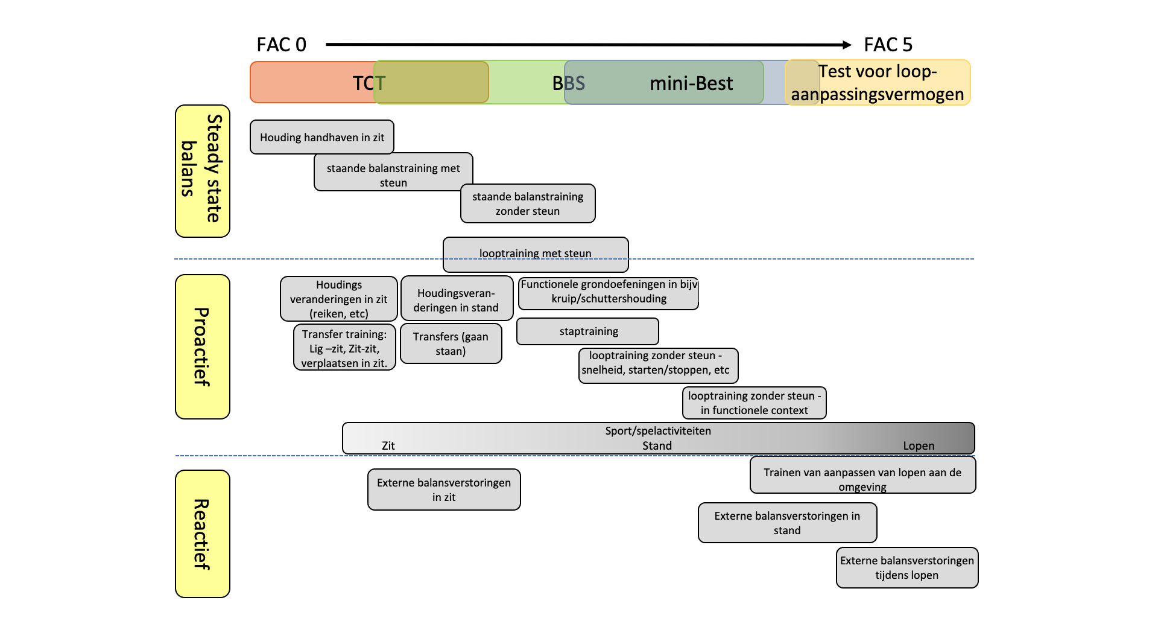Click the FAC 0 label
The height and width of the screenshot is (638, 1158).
click(x=282, y=45)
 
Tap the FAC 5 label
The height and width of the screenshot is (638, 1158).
click(x=888, y=45)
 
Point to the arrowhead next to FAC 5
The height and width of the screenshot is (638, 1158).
click(x=847, y=45)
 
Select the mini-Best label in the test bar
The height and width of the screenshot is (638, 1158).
click(x=691, y=83)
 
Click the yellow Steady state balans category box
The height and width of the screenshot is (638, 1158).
click(x=203, y=171)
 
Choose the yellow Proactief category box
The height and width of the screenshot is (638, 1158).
click(x=203, y=346)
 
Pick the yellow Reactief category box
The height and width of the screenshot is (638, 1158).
click(x=203, y=534)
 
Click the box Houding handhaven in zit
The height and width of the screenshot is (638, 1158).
click(x=322, y=137)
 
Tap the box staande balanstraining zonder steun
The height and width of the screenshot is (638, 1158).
click(x=528, y=203)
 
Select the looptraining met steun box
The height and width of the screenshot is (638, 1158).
click(x=536, y=254)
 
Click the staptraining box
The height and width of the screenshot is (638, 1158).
click(x=587, y=331)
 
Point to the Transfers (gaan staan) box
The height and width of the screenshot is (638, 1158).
click(x=451, y=343)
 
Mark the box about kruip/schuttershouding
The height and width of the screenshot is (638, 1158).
click(x=609, y=293)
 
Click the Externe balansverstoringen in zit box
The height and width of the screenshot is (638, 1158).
click(x=444, y=490)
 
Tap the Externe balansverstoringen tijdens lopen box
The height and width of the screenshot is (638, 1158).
click(x=907, y=567)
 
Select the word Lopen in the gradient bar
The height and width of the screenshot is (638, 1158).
click(x=919, y=445)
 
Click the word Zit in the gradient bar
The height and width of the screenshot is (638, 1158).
click(x=388, y=445)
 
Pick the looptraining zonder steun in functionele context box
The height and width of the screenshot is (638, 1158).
click(x=755, y=403)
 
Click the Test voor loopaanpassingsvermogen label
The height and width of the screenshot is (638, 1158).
click(x=878, y=83)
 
